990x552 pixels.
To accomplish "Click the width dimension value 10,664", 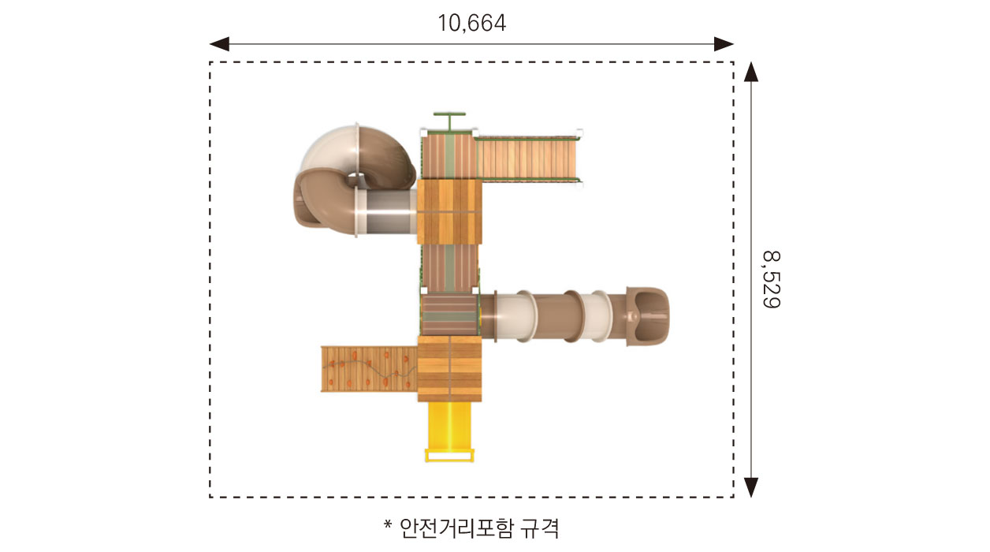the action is pos(471,23).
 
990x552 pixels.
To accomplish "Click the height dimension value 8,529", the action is pos(772,279).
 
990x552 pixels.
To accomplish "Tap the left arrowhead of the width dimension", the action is pos(219,44).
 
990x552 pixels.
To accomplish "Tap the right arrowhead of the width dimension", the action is pos(724,44).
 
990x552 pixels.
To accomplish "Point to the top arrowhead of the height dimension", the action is pos(751,72).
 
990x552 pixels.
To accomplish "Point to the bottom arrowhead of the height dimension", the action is pos(751,487).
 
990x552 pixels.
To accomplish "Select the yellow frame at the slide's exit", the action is pos(449,456).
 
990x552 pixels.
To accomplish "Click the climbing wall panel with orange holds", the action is pos(369,369).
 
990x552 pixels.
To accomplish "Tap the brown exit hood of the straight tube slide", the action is pos(647,315).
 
